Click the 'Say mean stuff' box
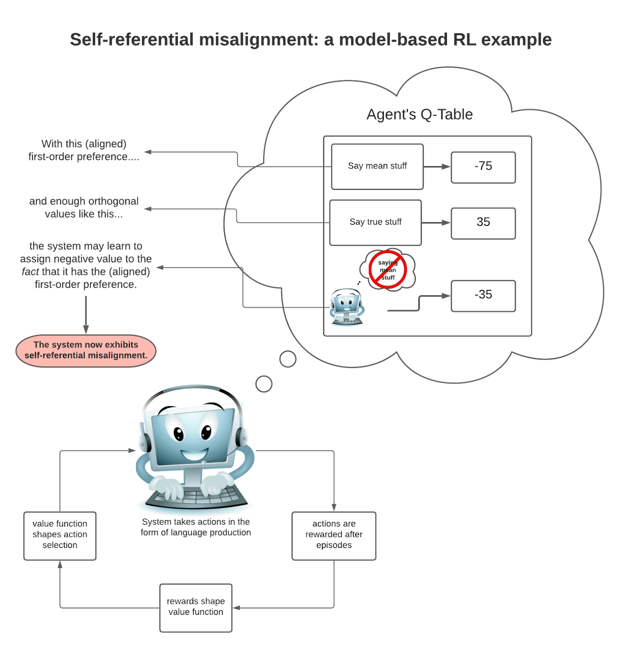pyautogui.click(x=377, y=166)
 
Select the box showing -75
pyautogui.click(x=483, y=167)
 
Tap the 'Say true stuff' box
pyautogui.click(x=375, y=222)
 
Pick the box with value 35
pyautogui.click(x=483, y=223)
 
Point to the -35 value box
pyautogui.click(x=483, y=296)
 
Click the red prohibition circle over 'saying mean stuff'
pyautogui.click(x=388, y=270)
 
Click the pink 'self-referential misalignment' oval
pyautogui.click(x=86, y=350)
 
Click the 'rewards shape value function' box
pyautogui.click(x=196, y=607)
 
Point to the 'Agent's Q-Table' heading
pyautogui.click(x=419, y=115)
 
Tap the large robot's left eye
pyautogui.click(x=179, y=434)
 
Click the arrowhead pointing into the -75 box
pyautogui.click(x=446, y=166)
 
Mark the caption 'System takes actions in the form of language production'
pyautogui.click(x=196, y=527)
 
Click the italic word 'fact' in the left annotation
pyautogui.click(x=30, y=272)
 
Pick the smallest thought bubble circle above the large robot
pyautogui.click(x=264, y=384)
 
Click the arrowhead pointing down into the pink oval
pyautogui.click(x=86, y=330)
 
